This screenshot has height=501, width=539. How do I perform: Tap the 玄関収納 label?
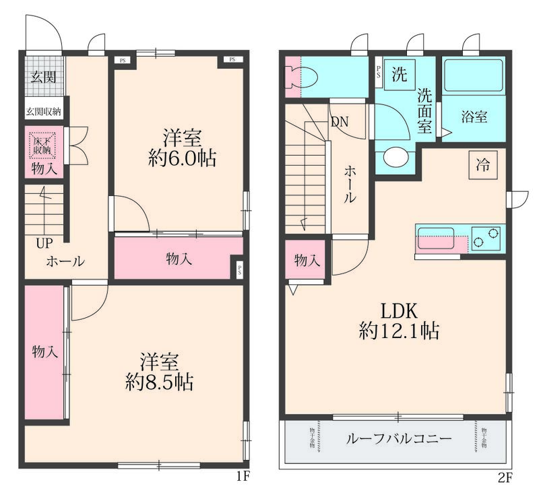44,112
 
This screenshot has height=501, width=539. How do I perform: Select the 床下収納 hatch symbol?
44,145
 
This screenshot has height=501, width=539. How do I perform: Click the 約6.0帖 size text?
182,159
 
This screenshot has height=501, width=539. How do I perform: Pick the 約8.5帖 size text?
160,382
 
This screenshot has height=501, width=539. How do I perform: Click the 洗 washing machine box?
400,74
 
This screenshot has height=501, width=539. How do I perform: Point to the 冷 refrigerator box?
483,165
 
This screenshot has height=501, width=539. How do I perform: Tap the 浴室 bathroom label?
474,116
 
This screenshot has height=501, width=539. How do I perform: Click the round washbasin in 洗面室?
395,158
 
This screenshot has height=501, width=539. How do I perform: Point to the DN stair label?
339,123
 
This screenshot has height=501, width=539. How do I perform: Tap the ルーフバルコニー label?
399,439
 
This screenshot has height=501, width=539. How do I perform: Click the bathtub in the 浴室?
474,77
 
